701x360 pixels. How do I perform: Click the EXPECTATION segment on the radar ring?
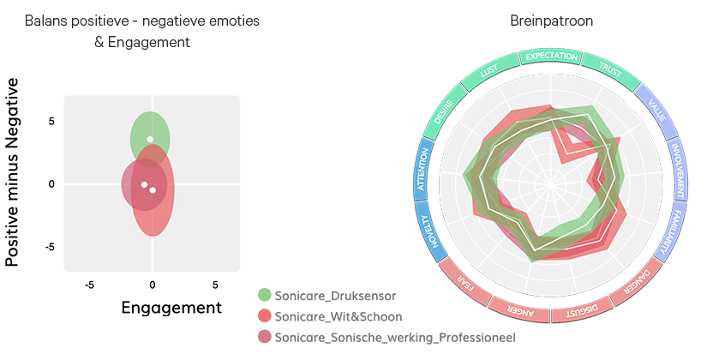[x=551, y=57]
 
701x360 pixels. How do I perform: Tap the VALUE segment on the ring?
[x=657, y=111]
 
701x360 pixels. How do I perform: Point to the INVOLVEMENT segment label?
[x=678, y=167]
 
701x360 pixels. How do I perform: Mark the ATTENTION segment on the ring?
[x=422, y=169]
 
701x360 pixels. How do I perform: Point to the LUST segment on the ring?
[x=489, y=72]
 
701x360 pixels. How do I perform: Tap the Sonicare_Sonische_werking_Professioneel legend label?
[x=394, y=338]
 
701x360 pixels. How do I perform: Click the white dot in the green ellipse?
[x=150, y=139]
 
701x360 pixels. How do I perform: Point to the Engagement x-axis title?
[x=171, y=307]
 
